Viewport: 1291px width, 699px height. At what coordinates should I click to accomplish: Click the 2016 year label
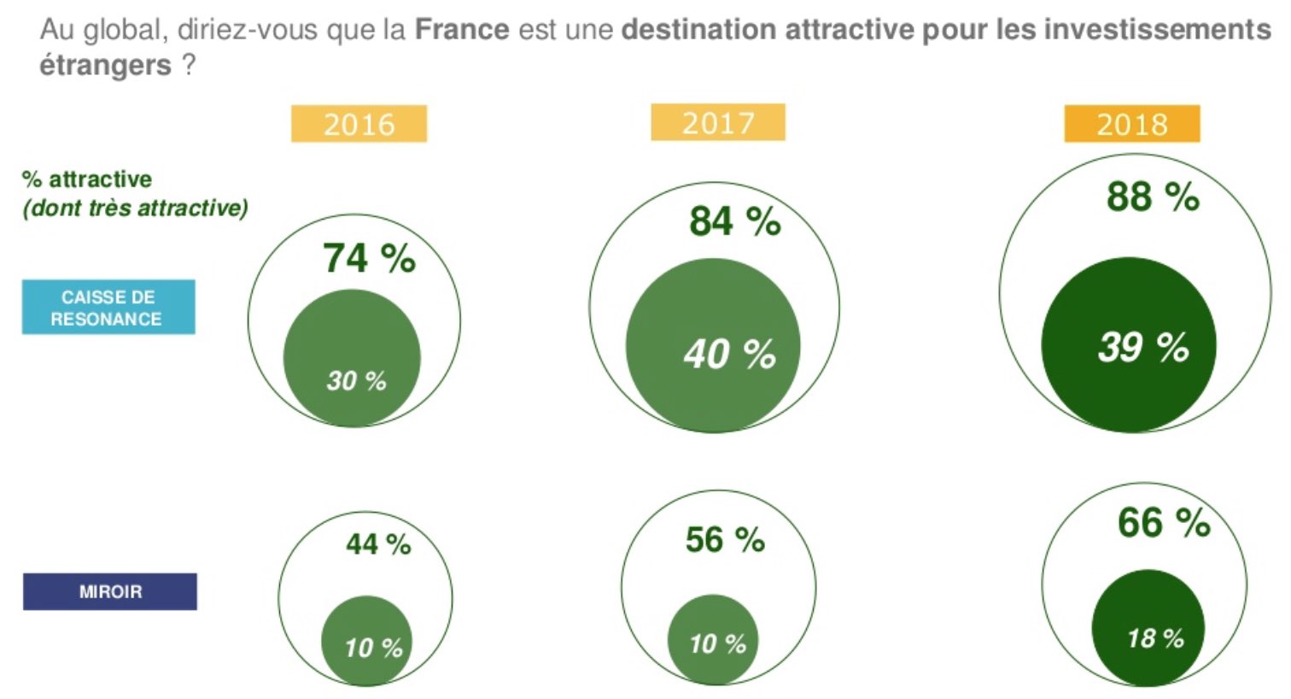tap(359, 124)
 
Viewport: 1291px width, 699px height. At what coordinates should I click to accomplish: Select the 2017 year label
tap(718, 123)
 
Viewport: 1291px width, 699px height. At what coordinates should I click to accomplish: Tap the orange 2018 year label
tap(1131, 124)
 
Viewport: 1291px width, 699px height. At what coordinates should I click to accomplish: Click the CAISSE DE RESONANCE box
tap(108, 308)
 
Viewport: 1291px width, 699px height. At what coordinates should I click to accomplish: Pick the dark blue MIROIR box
tap(110, 591)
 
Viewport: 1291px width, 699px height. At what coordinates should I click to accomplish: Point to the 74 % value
tap(369, 257)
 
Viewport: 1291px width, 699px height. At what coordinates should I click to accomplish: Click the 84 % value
tap(734, 220)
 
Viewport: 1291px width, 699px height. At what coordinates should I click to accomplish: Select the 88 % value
tap(1153, 197)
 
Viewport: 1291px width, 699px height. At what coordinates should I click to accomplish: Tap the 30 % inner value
tap(356, 380)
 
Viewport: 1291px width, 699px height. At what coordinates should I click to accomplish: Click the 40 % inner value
tap(729, 353)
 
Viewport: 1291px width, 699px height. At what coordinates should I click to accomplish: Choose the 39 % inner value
tap(1143, 347)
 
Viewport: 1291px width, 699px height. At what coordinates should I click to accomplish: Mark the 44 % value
tap(378, 543)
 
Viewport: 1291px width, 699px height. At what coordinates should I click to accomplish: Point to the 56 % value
tap(725, 539)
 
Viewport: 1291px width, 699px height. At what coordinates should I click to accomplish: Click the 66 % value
tap(1164, 522)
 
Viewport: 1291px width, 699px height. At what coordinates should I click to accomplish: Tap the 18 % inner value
tap(1155, 637)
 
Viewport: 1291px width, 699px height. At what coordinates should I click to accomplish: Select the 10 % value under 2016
tap(373, 648)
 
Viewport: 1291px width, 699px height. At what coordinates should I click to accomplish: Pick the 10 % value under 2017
tap(717, 643)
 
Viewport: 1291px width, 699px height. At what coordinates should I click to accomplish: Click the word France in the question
tap(462, 30)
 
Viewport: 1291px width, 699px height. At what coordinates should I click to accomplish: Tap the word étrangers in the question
tap(106, 65)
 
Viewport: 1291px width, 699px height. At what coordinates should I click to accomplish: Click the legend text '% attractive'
tap(87, 179)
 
